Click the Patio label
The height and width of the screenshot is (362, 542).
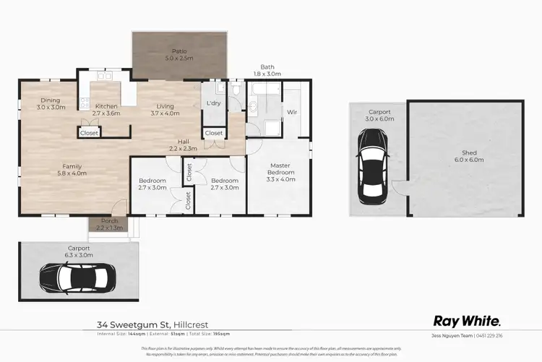pyautogui.click(x=178, y=51)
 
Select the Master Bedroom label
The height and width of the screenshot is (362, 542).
pyautogui.click(x=279, y=169)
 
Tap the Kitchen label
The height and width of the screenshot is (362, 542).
pyautogui.click(x=106, y=106)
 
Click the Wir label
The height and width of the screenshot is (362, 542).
pyautogui.click(x=292, y=112)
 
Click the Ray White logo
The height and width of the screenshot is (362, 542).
pyautogui.click(x=466, y=321)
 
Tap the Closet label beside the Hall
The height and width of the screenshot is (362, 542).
pyautogui.click(x=213, y=133)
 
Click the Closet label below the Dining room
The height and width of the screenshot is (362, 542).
pyautogui.click(x=89, y=133)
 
